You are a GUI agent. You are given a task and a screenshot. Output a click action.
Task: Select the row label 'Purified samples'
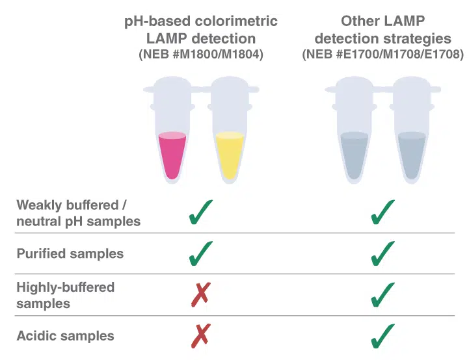70,253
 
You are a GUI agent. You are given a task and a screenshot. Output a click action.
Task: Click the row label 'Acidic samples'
65,336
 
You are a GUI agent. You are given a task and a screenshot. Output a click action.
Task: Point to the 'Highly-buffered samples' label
65,295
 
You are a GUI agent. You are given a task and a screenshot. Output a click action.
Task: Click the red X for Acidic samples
200,336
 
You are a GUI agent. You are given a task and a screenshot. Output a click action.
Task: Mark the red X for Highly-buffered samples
200,294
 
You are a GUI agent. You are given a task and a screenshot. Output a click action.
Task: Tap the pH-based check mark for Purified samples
200,253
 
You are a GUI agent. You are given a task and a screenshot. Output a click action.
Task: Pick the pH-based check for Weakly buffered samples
200,212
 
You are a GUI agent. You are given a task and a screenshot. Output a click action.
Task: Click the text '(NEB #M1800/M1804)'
201,55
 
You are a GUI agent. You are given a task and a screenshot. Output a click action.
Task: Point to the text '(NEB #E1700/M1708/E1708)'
383,55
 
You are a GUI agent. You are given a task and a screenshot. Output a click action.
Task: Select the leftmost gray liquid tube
355,155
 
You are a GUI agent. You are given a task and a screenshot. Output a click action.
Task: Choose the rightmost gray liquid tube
411,155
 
